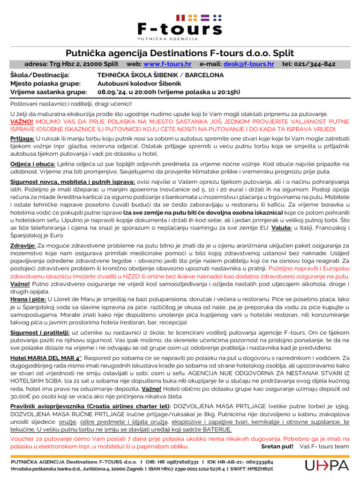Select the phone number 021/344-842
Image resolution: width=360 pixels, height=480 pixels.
click(x=315, y=64)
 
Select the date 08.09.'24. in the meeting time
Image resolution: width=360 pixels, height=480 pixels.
click(x=111, y=92)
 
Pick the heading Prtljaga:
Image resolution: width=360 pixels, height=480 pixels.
click(x=22, y=139)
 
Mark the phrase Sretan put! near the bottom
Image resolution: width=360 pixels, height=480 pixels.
click(x=277, y=446)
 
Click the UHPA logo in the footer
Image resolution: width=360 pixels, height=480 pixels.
click(x=327, y=465)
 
